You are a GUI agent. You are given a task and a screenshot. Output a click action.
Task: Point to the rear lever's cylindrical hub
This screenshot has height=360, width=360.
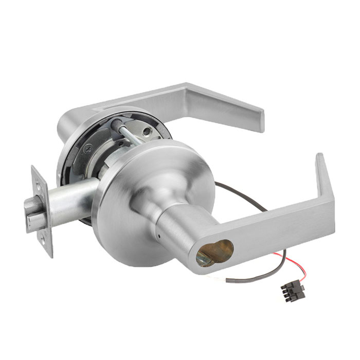72,123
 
